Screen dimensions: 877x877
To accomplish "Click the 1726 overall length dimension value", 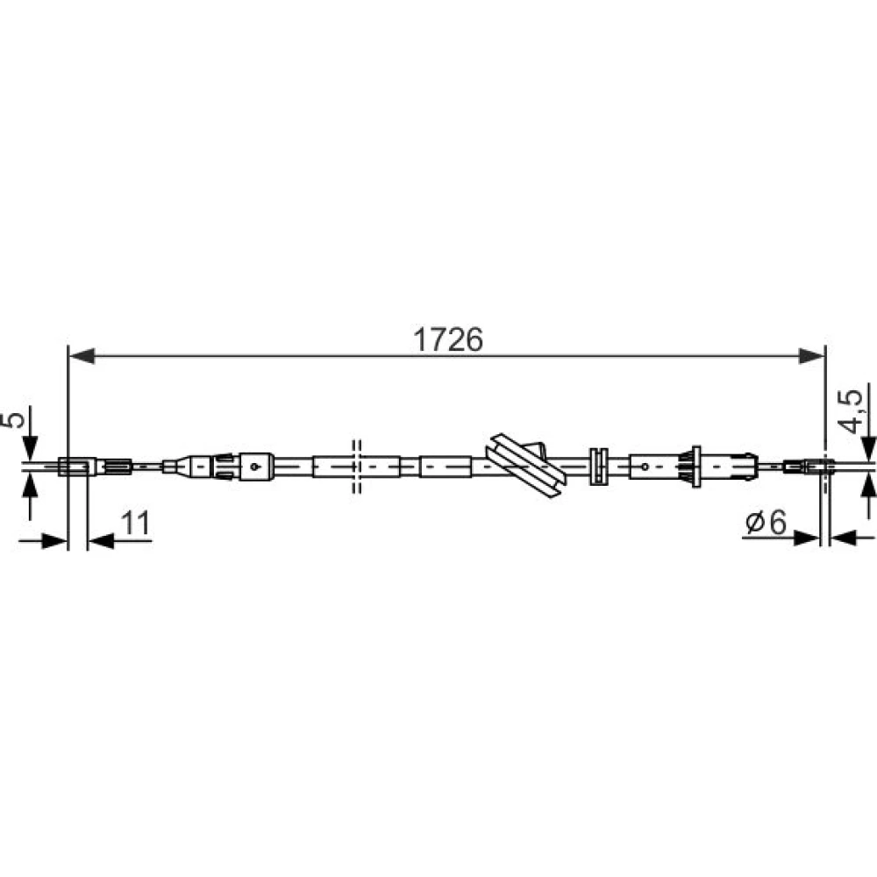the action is pos(447,339).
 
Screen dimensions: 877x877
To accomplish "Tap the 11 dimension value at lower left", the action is pos(135,523).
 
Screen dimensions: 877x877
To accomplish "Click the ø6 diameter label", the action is pos(766,523).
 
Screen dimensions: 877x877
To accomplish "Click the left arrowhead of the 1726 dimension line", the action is pos(82,356).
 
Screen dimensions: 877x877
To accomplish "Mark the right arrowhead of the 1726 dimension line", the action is pos(812,356).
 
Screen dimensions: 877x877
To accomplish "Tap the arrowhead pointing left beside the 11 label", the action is pos(101,541).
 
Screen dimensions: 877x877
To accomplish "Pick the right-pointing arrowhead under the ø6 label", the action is pos(807,538).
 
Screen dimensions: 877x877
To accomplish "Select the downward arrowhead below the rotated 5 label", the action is pos(30,448).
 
